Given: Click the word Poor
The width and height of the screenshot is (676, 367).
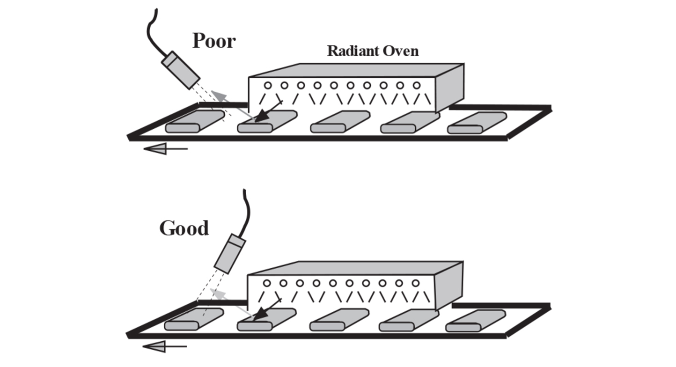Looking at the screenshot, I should click(214, 41).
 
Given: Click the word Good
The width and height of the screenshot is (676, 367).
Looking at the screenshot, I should click(184, 228).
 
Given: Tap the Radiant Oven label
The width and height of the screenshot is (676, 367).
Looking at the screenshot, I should click(373, 51).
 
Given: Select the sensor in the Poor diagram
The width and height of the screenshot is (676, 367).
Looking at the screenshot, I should click(181, 70).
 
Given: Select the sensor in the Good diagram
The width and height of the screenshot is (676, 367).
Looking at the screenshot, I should click(230, 254).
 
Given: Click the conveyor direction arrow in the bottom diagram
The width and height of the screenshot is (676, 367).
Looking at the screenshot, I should click(164, 347).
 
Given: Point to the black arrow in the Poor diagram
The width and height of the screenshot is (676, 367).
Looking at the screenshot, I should click(267, 112).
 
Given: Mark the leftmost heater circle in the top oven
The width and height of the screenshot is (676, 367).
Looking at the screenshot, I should click(268, 86).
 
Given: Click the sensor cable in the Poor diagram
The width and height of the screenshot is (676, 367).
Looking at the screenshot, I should click(152, 30).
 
